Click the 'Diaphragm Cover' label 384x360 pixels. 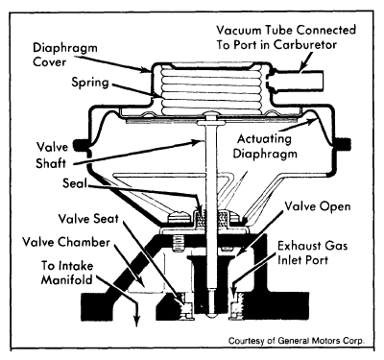65,55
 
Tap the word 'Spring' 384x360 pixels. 90,83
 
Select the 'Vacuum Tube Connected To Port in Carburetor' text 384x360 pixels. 286,37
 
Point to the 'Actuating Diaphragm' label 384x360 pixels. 265,147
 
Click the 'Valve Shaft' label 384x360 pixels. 52,156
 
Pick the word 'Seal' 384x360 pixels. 75,183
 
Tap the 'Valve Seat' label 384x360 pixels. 88,219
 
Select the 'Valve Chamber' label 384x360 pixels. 66,242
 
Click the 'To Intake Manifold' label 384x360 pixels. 67,273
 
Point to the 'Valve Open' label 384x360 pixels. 318,206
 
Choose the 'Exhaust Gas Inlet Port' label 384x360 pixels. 312,252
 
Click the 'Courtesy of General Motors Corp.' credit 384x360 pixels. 297,341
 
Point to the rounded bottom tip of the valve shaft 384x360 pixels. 211,315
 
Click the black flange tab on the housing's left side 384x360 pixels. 80,146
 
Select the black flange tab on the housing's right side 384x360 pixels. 343,144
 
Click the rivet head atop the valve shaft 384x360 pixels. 210,114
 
